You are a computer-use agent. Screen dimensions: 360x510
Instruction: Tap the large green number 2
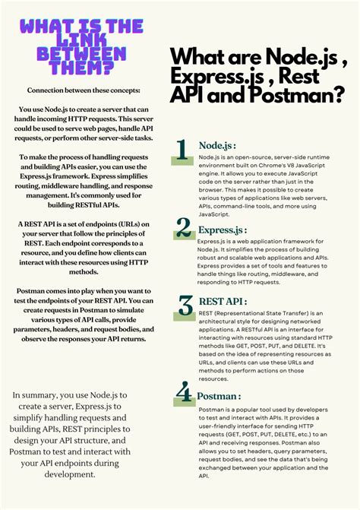[183, 227]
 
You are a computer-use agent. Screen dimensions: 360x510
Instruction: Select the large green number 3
[185, 306]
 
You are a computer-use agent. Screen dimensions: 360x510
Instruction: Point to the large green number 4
[183, 392]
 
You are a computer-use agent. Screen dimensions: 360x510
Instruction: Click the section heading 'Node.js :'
[217, 145]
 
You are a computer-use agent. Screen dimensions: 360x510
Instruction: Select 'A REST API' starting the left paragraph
[39, 225]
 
